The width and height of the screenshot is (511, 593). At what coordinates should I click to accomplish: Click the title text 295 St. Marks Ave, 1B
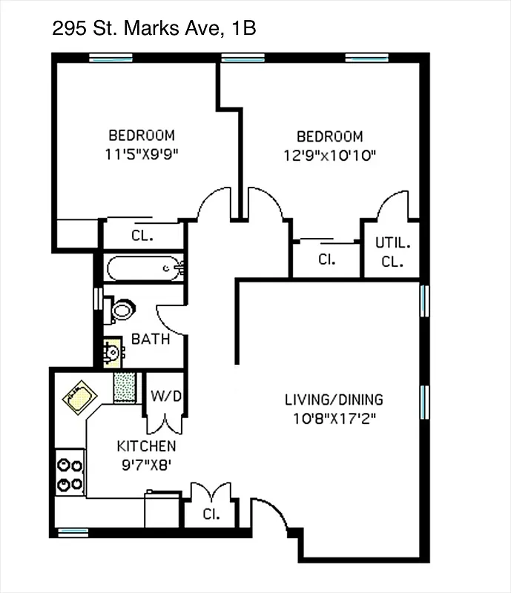pos(155,29)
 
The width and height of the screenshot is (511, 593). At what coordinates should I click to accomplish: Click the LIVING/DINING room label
pos(334,400)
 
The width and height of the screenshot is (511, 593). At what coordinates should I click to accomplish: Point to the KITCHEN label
pos(147,446)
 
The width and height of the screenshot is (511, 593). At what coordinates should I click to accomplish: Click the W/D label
pos(166,397)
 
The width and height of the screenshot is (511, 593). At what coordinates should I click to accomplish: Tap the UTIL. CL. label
pos(392,252)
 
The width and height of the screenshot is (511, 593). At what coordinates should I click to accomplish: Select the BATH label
pos(151,339)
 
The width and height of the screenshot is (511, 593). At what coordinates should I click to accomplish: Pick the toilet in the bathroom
pos(120,309)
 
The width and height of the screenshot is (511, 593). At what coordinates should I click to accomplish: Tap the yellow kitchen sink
pos(78,398)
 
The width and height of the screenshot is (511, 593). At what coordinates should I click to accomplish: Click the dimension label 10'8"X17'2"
pos(334,419)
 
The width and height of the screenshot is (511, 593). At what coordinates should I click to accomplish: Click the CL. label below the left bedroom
pos(142,236)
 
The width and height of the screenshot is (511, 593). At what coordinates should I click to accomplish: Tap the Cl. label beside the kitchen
pos(212,513)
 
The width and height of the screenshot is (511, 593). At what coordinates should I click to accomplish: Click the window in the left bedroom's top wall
pos(111,58)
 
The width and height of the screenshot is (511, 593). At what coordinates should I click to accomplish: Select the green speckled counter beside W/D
pos(125,388)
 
